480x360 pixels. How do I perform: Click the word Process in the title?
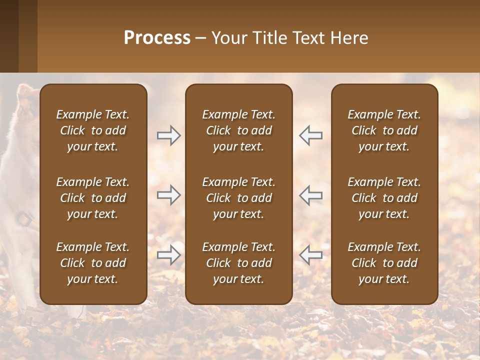coord(157,38)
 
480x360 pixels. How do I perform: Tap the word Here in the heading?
coord(350,38)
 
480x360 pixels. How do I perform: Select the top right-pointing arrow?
coord(168,135)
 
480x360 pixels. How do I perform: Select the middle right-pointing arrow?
coord(168,194)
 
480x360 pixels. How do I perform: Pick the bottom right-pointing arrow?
coord(168,254)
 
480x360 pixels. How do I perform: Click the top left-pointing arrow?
coord(310,135)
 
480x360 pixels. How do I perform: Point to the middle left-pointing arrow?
coord(310,194)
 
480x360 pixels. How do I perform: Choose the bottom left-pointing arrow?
coord(310,254)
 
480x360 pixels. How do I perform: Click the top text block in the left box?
coord(93,130)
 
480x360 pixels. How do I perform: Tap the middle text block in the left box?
coord(93,198)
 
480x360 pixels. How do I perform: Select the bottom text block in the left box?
coord(93,263)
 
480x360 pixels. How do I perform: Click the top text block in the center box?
coord(239,130)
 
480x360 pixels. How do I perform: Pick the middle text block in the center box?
coord(239,198)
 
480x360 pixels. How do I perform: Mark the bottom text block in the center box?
coord(239,263)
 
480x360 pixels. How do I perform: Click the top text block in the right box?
coord(384,130)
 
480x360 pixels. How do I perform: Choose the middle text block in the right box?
coord(384,198)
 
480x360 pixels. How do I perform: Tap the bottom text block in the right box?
coord(384,263)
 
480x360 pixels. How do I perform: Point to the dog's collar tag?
coord(24,218)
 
